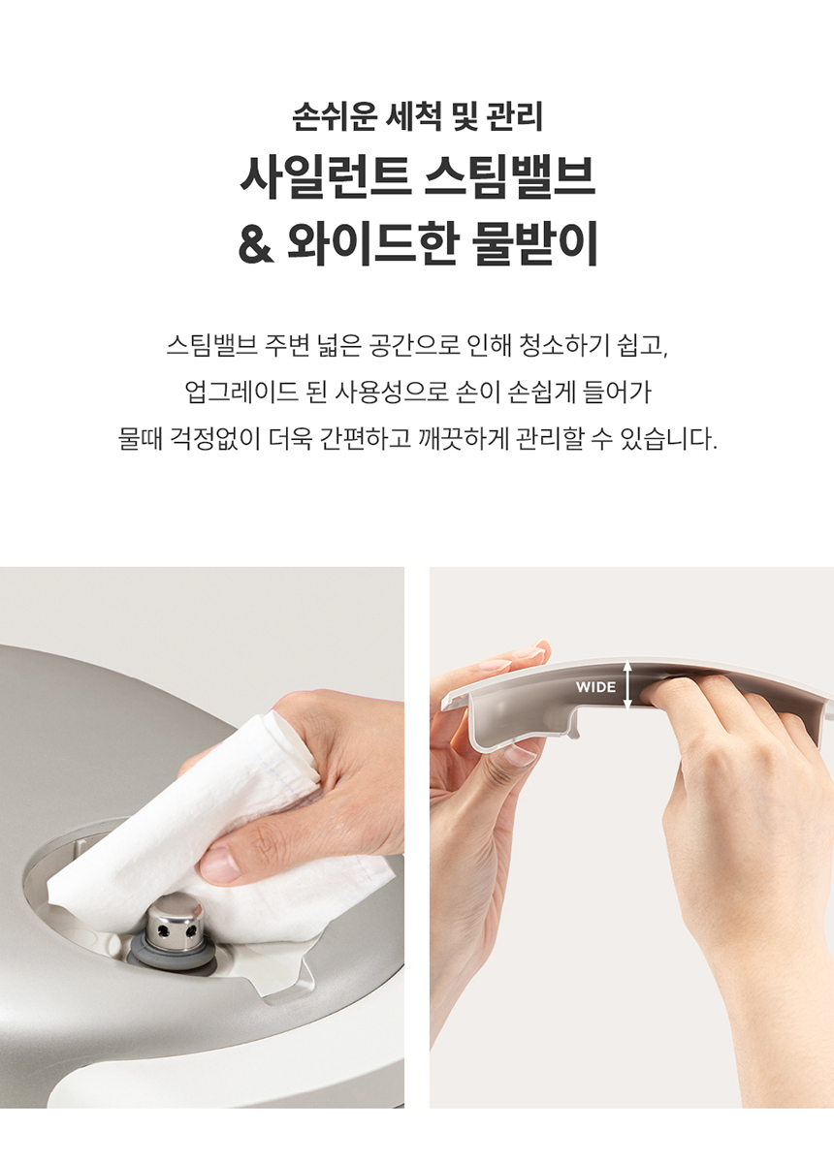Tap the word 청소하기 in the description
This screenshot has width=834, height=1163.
(x=563, y=345)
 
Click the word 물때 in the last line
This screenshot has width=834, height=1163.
(x=140, y=439)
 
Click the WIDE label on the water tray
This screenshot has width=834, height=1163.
(x=595, y=687)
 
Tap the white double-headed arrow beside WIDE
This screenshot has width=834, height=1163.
(x=627, y=684)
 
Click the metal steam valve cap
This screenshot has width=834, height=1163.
(x=175, y=919)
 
